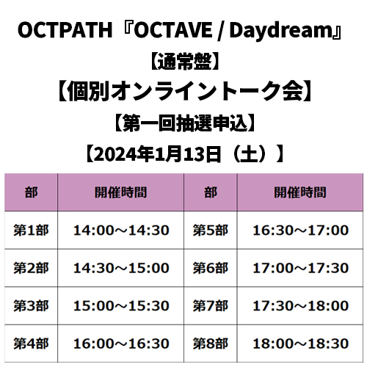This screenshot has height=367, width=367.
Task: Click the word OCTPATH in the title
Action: point(65,30)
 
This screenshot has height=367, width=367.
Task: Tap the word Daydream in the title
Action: point(280,30)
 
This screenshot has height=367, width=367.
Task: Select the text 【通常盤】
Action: point(183,61)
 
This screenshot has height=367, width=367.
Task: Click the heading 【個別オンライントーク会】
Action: point(184,91)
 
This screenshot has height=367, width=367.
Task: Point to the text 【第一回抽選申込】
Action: point(184,123)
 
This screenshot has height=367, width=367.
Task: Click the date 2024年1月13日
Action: point(157,154)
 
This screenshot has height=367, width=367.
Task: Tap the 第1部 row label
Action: point(31,230)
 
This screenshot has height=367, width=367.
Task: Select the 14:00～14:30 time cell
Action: point(121,230)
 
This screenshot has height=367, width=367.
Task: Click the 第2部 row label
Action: point(31,268)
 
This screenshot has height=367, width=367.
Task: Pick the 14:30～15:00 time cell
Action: point(121,268)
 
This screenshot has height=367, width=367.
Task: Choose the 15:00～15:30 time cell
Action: point(121,306)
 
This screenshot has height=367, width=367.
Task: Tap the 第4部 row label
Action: point(31,344)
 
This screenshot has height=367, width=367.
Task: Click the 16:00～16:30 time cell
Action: point(121,344)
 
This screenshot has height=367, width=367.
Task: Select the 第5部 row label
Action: point(211,230)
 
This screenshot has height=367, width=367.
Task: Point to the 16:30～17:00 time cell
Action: point(300,230)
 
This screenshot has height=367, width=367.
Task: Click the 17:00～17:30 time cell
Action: point(300,268)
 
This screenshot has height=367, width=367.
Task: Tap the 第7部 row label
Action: point(211,306)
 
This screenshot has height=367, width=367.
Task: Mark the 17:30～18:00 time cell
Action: point(300,306)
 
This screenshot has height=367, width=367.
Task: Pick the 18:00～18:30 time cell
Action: point(300,344)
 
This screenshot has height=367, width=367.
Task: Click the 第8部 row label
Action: point(211,344)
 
